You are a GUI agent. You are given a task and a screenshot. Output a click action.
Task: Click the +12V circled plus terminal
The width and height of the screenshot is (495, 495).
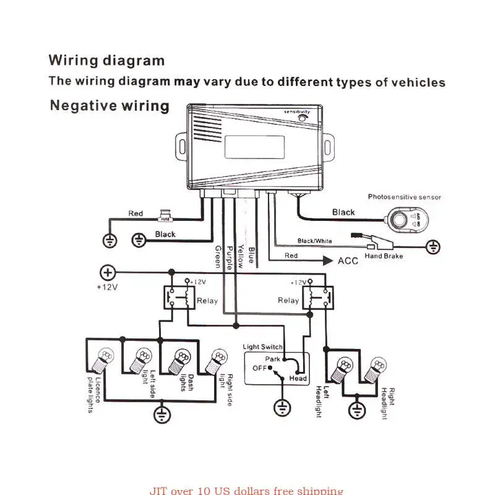[108, 272]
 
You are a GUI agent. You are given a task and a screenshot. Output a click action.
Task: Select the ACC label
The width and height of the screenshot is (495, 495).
[348, 260]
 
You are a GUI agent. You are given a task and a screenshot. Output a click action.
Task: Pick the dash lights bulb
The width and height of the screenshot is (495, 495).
[181, 359]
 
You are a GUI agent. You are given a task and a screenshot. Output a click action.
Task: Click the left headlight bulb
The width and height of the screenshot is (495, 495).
[342, 369]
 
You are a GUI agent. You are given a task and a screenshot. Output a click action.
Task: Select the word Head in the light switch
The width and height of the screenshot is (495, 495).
[298, 378]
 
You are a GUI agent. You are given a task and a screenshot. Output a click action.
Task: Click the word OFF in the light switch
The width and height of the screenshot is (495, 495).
[259, 368]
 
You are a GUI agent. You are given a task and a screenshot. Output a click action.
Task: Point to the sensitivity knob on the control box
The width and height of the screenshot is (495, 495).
[303, 118]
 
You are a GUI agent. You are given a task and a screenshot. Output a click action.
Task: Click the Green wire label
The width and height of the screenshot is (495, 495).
[218, 256]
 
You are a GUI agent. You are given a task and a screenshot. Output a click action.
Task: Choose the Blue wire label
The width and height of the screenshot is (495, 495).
[251, 255]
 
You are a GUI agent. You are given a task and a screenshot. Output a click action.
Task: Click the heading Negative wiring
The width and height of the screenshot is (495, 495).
[110, 106]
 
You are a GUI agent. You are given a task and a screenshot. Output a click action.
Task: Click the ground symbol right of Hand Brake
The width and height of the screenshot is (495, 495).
[434, 247]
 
